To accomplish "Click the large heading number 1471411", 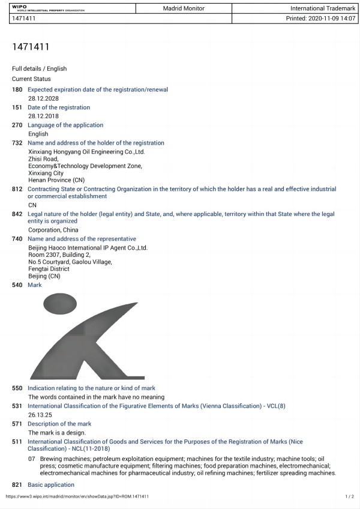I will (x=31, y=47).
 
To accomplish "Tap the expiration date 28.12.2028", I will (x=43, y=98).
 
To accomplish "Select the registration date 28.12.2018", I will (x=43, y=116).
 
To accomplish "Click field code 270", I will (x=17, y=125).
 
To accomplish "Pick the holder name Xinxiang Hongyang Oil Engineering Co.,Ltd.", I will (x=86, y=152).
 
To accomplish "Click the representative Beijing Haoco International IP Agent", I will (x=88, y=248).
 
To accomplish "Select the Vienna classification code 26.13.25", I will (x=39, y=415).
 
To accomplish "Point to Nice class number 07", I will (x=32, y=459).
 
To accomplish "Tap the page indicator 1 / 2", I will (x=350, y=497).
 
